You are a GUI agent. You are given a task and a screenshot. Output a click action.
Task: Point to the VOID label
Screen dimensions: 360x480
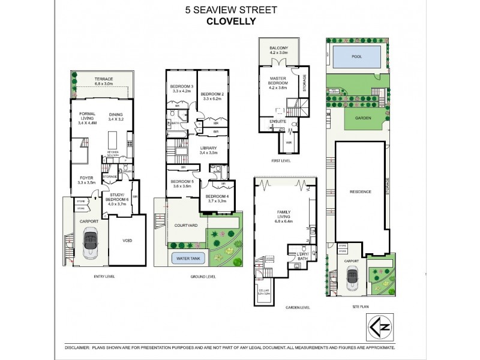tap(127, 241)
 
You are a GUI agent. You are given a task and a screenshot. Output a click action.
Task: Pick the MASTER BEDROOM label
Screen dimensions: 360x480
tap(277, 80)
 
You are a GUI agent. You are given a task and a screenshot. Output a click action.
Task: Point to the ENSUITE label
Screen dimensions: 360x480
tap(277, 121)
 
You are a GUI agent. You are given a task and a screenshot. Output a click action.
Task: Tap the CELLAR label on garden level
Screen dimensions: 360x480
tap(264, 290)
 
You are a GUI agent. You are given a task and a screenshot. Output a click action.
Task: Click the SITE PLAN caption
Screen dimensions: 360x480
tap(361, 308)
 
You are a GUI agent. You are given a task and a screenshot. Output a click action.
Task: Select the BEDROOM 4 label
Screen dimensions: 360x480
tap(215, 197)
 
